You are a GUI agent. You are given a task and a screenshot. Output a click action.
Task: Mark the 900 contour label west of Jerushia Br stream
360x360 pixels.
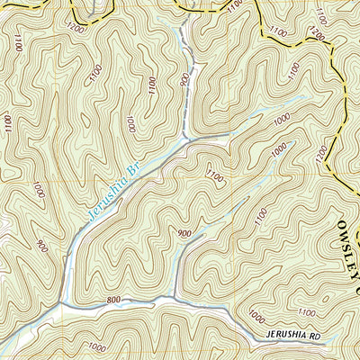(40, 245)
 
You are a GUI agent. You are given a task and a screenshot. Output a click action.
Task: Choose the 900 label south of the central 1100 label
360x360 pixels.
(184, 233)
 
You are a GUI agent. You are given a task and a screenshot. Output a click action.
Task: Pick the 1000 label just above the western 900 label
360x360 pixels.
(38, 190)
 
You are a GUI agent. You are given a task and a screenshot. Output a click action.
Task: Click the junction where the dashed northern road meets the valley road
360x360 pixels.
(187, 139)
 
